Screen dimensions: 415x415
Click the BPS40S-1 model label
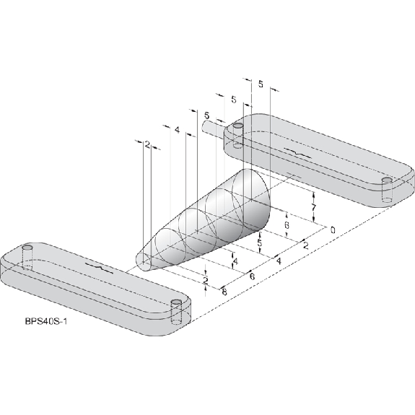pyautogui.click(x=46, y=322)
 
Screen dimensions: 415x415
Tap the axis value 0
pyautogui.click(x=333, y=230)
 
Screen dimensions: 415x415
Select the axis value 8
pyautogui.click(x=224, y=292)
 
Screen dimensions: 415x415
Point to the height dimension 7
pyautogui.click(x=314, y=208)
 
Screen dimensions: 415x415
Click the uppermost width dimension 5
pyautogui.click(x=261, y=84)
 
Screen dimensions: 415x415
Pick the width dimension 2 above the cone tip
pyautogui.click(x=147, y=144)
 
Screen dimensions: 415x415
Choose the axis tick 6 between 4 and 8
pyautogui.click(x=252, y=276)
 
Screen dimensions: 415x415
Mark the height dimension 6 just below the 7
pyautogui.click(x=287, y=225)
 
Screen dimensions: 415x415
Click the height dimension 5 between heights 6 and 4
pyautogui.click(x=260, y=243)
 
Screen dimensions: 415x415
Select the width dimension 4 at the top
pyautogui.click(x=177, y=130)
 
